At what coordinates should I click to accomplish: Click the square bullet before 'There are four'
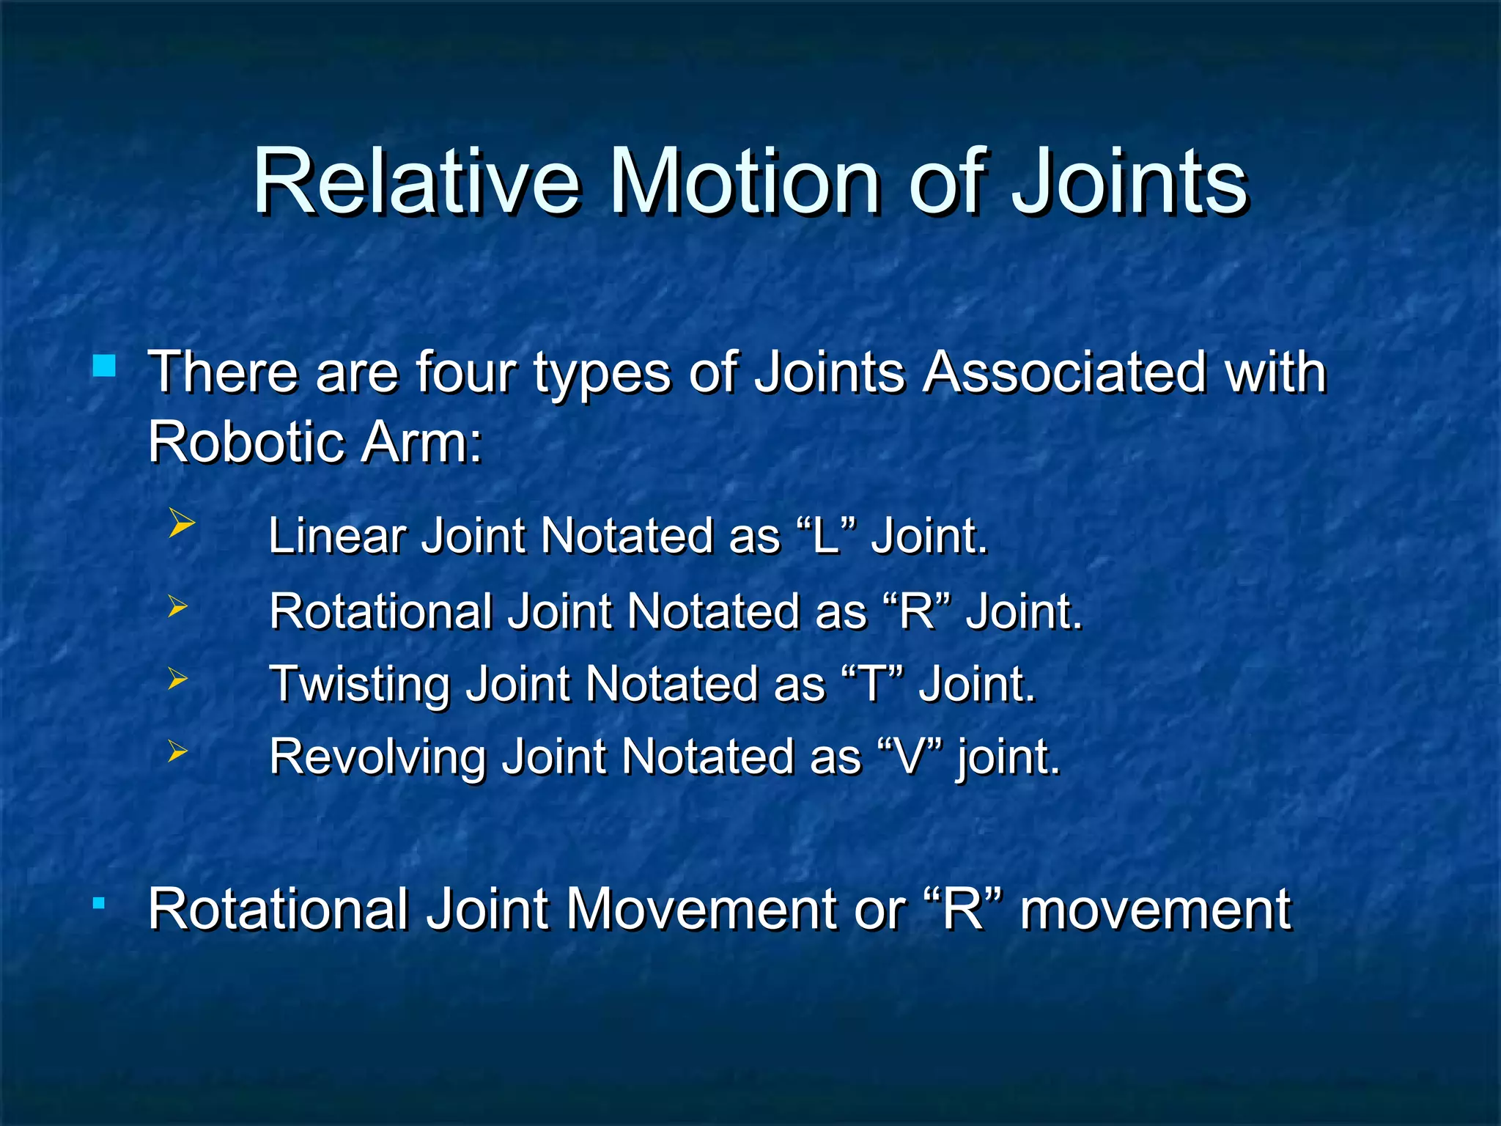pyautogui.click(x=104, y=365)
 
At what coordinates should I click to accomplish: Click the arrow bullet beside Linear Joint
pyautogui.click(x=181, y=523)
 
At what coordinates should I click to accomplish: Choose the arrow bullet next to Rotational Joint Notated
pyautogui.click(x=177, y=607)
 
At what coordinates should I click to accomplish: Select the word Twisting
pyautogui.click(x=359, y=684)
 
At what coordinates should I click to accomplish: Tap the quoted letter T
pyautogui.click(x=871, y=684)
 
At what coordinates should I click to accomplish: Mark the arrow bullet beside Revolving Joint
pyautogui.click(x=177, y=751)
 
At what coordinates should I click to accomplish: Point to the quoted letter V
pyautogui.click(x=909, y=757)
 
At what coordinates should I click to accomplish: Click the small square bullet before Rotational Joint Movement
pyautogui.click(x=98, y=902)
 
